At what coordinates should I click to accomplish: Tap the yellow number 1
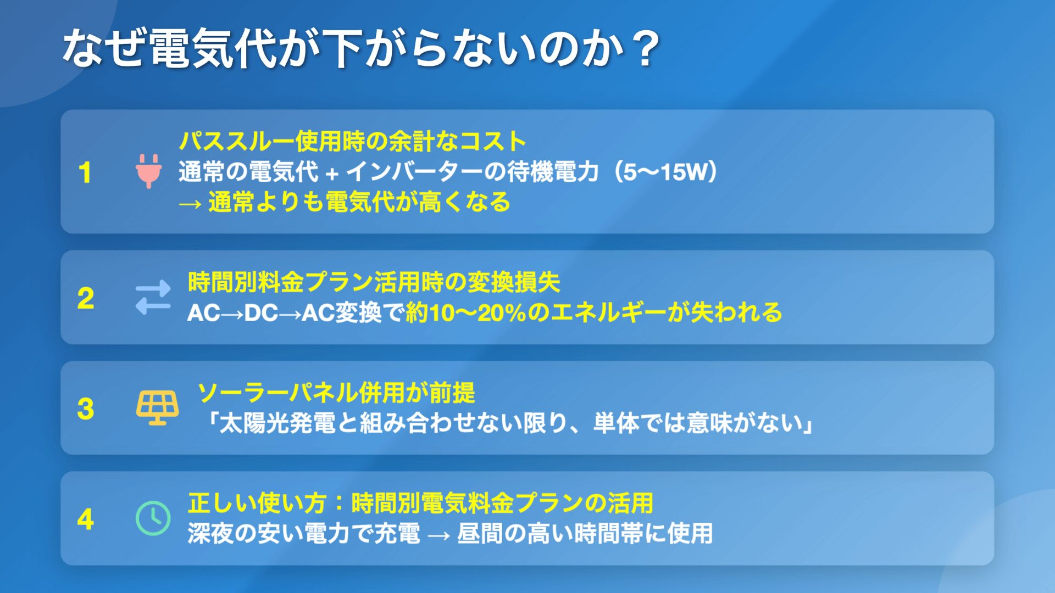click(x=85, y=172)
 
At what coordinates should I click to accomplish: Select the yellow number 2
click(x=85, y=298)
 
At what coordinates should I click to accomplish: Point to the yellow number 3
click(x=85, y=409)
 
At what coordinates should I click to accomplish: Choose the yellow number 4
click(x=85, y=519)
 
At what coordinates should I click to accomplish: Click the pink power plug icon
click(x=148, y=171)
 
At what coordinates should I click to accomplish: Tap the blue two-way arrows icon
click(x=153, y=298)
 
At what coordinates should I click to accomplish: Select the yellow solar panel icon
click(x=157, y=408)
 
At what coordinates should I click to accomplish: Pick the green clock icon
click(x=153, y=518)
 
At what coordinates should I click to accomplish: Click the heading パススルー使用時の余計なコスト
click(x=352, y=141)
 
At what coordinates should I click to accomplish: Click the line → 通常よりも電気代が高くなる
click(x=345, y=202)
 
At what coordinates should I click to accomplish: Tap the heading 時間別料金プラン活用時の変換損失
click(x=374, y=282)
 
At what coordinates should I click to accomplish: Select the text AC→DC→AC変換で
click(x=295, y=313)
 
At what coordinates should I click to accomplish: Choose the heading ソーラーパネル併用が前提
click(x=336, y=393)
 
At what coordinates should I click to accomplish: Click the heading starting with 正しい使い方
click(x=420, y=503)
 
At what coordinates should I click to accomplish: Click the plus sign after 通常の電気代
click(x=331, y=174)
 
